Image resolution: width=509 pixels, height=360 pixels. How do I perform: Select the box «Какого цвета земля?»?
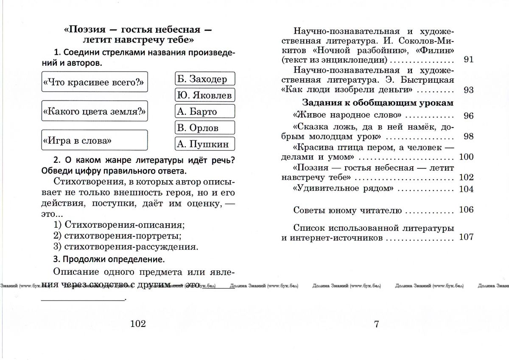(x=95, y=111)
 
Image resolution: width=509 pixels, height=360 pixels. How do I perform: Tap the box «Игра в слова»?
(x=95, y=140)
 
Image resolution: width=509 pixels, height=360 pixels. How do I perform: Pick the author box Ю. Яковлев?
(x=205, y=95)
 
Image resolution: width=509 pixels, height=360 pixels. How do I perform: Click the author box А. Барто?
(x=205, y=112)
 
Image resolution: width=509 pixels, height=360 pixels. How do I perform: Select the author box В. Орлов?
(x=205, y=128)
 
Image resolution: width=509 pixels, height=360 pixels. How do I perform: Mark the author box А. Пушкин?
(x=205, y=144)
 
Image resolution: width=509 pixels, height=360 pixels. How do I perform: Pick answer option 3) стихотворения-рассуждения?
(x=126, y=246)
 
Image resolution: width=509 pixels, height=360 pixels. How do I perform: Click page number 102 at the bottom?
(x=138, y=324)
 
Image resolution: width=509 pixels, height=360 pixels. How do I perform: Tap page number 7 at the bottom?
(x=376, y=324)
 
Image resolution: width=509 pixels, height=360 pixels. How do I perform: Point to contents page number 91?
(x=469, y=60)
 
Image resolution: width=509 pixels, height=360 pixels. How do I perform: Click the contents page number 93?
(x=469, y=90)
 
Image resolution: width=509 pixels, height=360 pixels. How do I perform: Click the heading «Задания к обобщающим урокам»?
(x=378, y=103)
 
